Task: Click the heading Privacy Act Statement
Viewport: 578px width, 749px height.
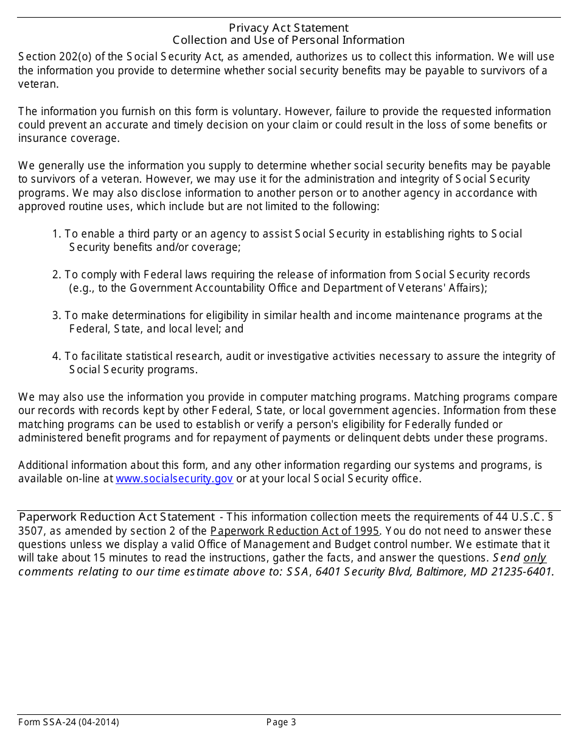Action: [x=288, y=28]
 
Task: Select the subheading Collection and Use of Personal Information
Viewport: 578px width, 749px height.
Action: [x=288, y=40]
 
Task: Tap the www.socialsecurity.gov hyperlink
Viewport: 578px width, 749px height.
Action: [x=174, y=479]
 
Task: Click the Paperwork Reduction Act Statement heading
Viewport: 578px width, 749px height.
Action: [x=116, y=517]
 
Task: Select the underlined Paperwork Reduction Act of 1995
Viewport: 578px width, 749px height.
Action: [x=295, y=531]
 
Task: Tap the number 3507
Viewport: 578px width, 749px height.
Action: [x=29, y=531]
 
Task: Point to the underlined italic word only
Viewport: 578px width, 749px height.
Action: [x=535, y=558]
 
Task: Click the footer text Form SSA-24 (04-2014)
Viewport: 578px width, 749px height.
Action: [x=69, y=723]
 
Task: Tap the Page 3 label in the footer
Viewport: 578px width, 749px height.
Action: [x=281, y=723]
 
